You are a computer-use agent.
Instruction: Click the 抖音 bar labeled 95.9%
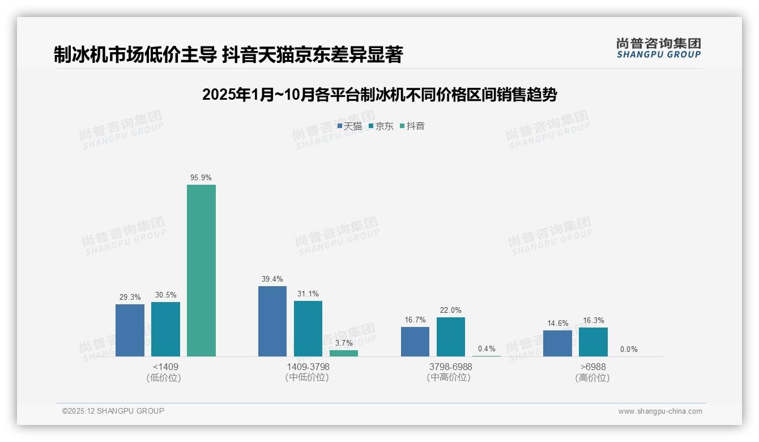pyautogui.click(x=201, y=270)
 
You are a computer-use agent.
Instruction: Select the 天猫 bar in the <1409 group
pyautogui.click(x=130, y=330)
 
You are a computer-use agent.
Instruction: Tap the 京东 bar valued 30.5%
pyautogui.click(x=165, y=329)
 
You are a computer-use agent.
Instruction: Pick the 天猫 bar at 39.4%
pyautogui.click(x=272, y=321)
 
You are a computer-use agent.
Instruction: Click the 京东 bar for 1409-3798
pyautogui.click(x=308, y=329)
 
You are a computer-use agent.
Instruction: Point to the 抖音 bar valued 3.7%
pyautogui.click(x=344, y=353)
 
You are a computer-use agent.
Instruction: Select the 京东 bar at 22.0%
pyautogui.click(x=451, y=337)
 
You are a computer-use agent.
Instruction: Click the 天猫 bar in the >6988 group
pyautogui.click(x=557, y=343)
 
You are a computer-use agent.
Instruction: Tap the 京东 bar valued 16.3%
pyautogui.click(x=593, y=342)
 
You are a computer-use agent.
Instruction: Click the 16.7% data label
pyautogui.click(x=415, y=320)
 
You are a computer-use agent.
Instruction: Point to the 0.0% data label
pyautogui.click(x=629, y=349)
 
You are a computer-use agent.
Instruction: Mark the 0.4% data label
pyautogui.click(x=487, y=348)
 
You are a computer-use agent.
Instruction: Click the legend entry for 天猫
pyautogui.click(x=349, y=126)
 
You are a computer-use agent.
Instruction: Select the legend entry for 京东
pyautogui.click(x=381, y=126)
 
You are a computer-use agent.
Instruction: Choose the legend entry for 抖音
pyautogui.click(x=412, y=126)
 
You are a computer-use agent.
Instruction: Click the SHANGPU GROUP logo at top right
pyautogui.click(x=658, y=48)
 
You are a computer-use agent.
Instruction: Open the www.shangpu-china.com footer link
pyautogui.click(x=660, y=411)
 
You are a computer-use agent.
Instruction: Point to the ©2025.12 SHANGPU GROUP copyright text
pyautogui.click(x=113, y=411)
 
